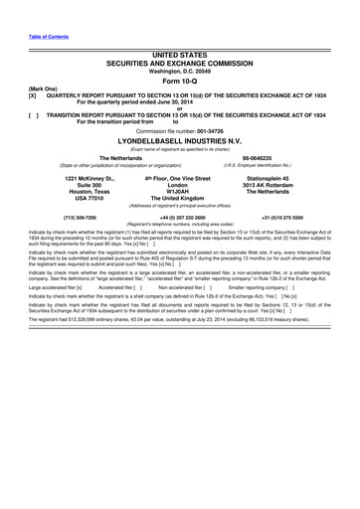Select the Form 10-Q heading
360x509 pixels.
(x=179, y=82)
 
